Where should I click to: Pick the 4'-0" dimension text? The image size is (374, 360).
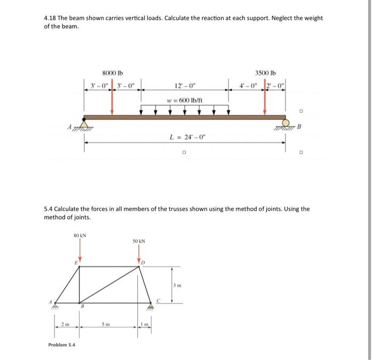tap(250, 85)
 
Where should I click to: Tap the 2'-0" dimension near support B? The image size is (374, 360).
tap(277, 85)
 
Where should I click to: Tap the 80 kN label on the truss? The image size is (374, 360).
tap(80, 236)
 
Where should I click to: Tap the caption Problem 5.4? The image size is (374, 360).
tap(62, 345)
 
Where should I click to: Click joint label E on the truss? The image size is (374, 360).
tap(76, 263)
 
